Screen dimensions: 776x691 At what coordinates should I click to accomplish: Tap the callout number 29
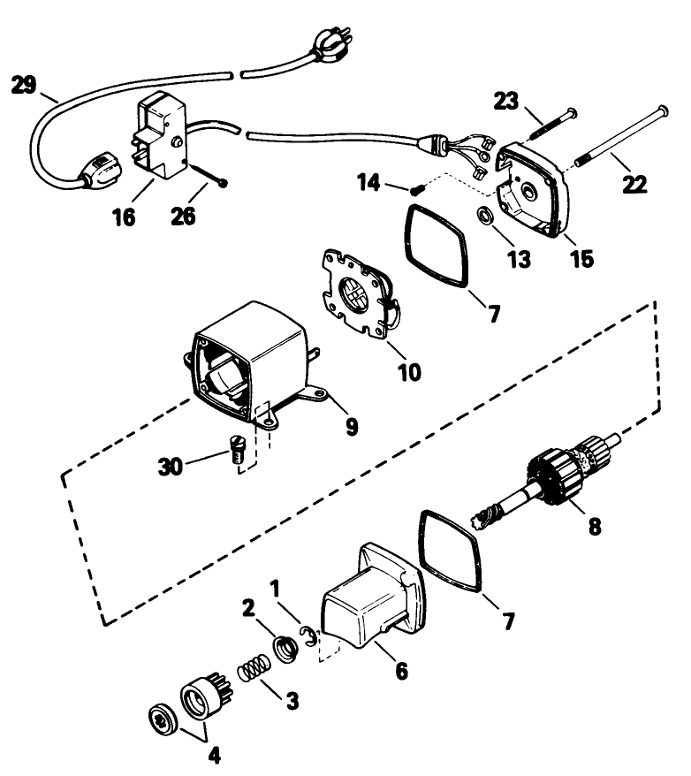(24, 86)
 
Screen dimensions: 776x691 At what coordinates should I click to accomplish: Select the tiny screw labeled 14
(417, 187)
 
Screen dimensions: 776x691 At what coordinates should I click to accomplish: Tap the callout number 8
(594, 527)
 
